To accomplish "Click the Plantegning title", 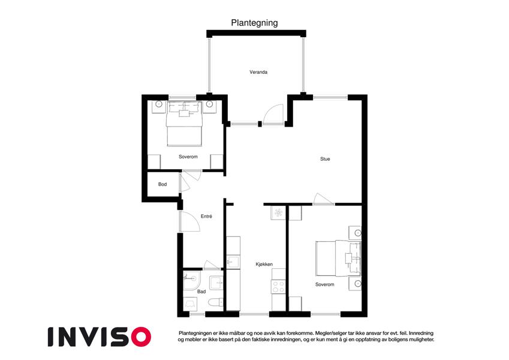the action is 254,23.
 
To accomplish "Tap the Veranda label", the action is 258,72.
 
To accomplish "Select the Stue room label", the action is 325,159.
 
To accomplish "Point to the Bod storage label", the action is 162,184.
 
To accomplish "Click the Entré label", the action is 206,216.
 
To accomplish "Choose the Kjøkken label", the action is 264,265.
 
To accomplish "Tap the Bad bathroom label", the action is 201,292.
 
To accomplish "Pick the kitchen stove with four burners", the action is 279,287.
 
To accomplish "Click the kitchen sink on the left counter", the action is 233,262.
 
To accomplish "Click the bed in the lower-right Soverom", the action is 338,259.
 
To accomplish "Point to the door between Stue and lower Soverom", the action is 324,199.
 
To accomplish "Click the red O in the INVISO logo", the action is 141,337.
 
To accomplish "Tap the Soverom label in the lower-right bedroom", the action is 324,284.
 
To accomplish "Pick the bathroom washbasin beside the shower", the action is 216,283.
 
